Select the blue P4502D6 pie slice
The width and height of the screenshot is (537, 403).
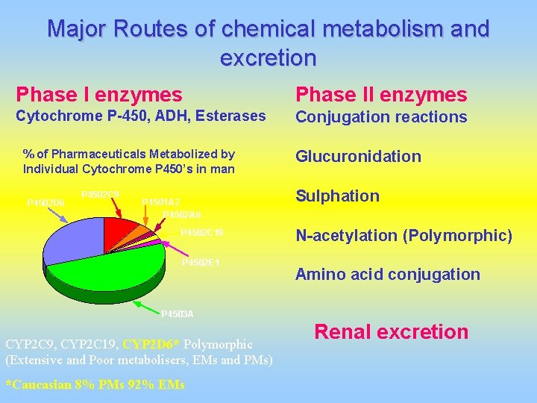pyautogui.click(x=71, y=239)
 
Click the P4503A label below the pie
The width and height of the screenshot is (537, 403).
pyautogui.click(x=178, y=313)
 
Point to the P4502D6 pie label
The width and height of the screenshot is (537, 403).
pyautogui.click(x=45, y=202)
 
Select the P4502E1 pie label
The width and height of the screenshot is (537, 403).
pyautogui.click(x=201, y=263)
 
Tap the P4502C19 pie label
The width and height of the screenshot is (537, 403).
pyautogui.click(x=202, y=233)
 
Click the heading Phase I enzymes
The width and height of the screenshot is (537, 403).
pyautogui.click(x=99, y=95)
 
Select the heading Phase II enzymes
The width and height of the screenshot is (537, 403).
pyautogui.click(x=381, y=95)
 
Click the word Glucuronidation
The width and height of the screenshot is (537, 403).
pyautogui.click(x=358, y=156)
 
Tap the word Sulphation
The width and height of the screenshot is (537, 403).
pyautogui.click(x=337, y=196)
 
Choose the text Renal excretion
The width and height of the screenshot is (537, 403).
pyautogui.click(x=392, y=331)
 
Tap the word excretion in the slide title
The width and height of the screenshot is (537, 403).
pyautogui.click(x=268, y=57)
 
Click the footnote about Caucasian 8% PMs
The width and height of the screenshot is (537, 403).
pyautogui.click(x=95, y=385)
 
